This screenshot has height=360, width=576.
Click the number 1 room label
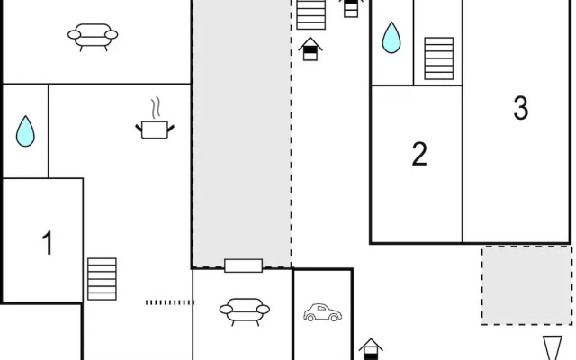click(x=48, y=243)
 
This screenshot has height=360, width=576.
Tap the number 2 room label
click(x=419, y=154)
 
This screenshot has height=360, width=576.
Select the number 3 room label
click(x=521, y=108)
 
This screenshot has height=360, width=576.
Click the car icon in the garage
click(x=322, y=312)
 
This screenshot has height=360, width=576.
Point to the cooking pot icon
click(x=155, y=130)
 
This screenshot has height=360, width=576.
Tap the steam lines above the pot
click(x=157, y=108)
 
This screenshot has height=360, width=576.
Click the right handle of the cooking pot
click(x=171, y=129)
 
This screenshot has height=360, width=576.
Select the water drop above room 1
click(x=25, y=131)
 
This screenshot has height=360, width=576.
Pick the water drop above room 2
click(x=391, y=38)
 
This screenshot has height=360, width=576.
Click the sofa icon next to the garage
click(x=245, y=311)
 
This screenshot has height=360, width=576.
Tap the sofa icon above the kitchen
click(x=93, y=37)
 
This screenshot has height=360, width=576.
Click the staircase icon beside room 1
click(x=102, y=279)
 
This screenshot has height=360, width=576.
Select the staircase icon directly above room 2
click(x=439, y=58)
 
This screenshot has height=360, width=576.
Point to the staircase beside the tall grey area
click(x=311, y=14)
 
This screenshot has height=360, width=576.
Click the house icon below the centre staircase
click(x=310, y=49)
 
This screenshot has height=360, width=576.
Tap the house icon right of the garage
click(x=371, y=349)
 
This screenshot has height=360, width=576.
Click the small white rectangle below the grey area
click(x=244, y=265)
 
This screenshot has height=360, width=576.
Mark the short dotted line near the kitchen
click(x=170, y=302)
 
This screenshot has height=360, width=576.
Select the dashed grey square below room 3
click(x=527, y=285)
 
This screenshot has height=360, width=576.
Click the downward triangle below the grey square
click(x=553, y=347)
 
